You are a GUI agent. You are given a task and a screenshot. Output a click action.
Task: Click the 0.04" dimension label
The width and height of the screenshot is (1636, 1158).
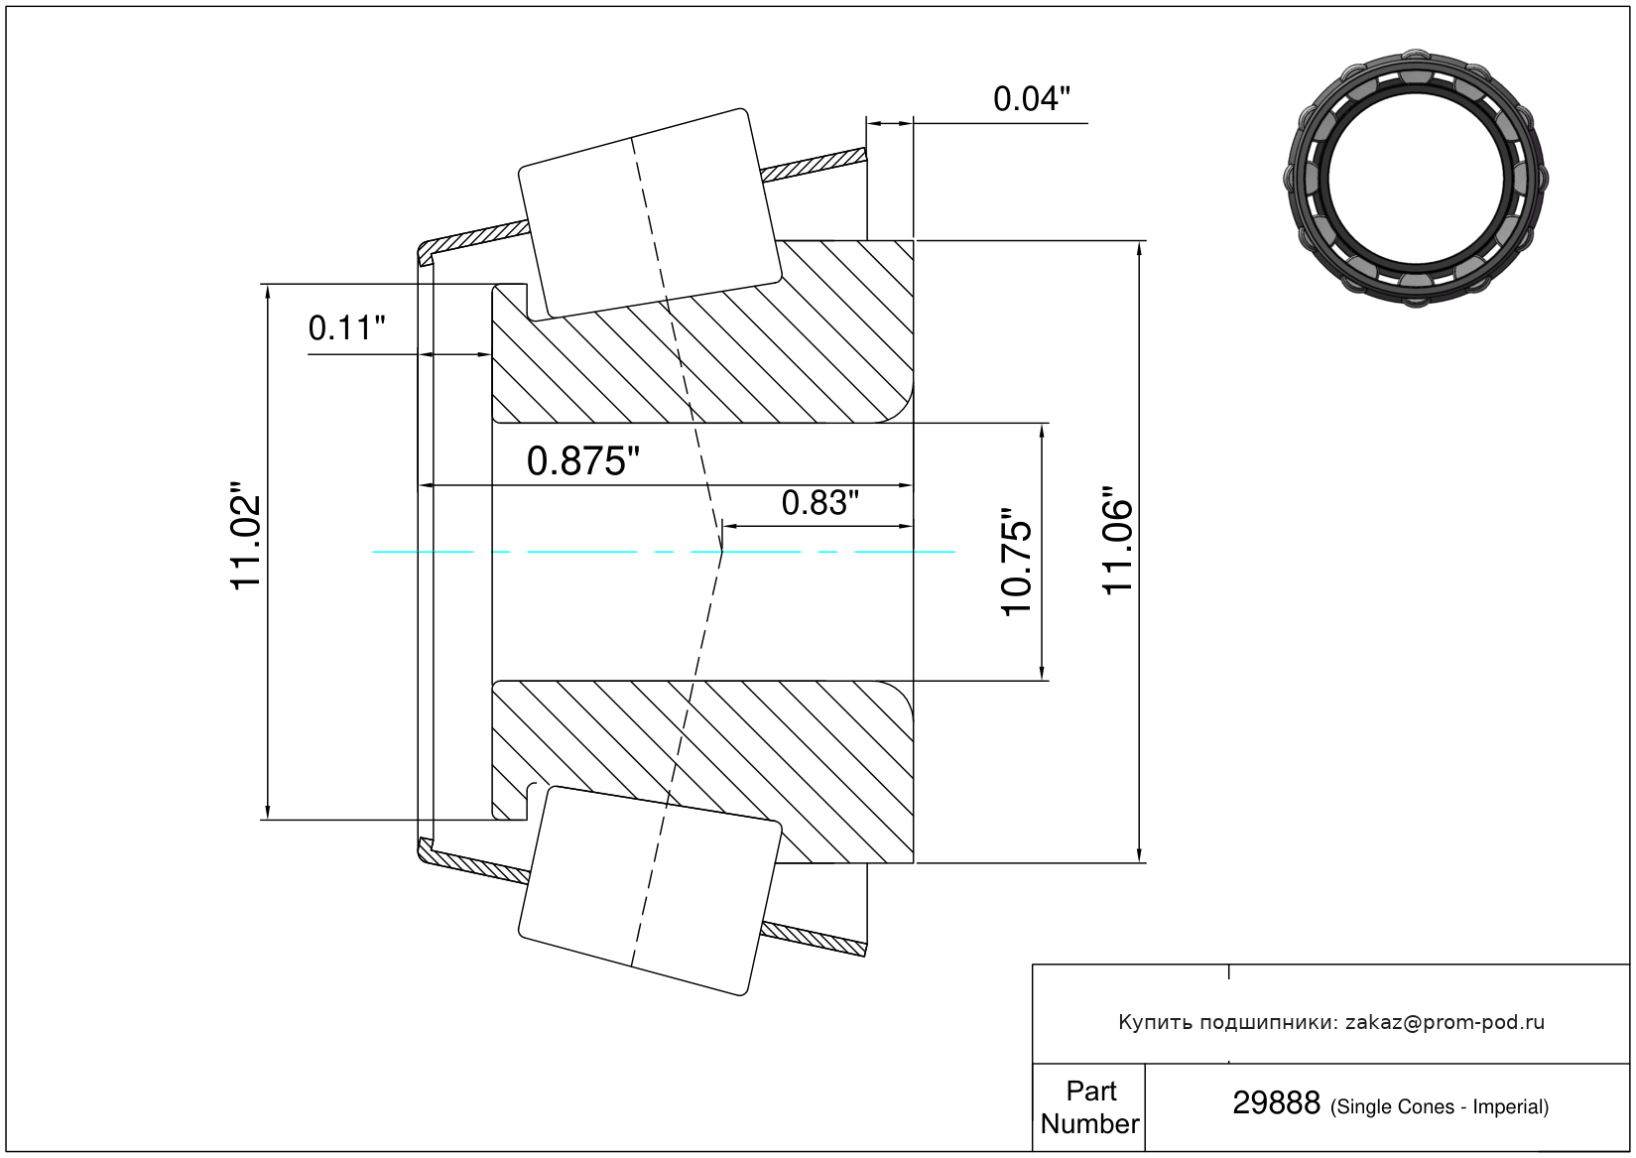coord(1031,98)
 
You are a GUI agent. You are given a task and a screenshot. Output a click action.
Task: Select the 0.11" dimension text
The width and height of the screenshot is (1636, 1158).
coord(346,328)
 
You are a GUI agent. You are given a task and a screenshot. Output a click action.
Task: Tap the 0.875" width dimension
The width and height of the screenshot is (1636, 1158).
coord(582,461)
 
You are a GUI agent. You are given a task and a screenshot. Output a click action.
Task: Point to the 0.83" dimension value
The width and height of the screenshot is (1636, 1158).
coord(819,503)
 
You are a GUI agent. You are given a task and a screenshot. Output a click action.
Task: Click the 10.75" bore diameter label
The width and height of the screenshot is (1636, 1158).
coord(1017,562)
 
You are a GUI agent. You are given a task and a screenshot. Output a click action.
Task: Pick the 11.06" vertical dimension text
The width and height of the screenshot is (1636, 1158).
coord(1117,541)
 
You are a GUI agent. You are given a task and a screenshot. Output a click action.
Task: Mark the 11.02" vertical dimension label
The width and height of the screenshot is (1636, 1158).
coord(245,536)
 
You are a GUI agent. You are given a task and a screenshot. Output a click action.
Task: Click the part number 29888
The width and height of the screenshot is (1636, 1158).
coord(1276,1103)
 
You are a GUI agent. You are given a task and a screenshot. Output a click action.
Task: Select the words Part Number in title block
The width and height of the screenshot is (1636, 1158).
coord(1089,1107)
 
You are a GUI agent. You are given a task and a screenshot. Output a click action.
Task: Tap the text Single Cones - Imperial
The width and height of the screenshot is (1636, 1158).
coord(1439,1106)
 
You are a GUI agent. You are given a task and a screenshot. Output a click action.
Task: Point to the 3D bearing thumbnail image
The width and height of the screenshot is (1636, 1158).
coord(1416,179)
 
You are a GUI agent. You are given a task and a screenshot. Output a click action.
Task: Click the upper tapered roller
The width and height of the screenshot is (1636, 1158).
coord(650,214)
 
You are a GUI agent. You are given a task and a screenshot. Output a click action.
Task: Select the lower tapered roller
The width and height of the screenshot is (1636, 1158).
coord(650,890)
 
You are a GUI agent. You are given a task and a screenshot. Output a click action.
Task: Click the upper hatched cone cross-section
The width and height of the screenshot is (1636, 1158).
coord(702,332)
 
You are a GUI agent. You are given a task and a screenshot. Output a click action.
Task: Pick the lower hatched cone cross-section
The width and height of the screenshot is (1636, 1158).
coord(702,772)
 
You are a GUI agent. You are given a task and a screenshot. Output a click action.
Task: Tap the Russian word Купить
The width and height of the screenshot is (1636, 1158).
coord(1154,1022)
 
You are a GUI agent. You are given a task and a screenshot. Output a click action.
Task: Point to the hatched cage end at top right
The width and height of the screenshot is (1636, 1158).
coord(814,166)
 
